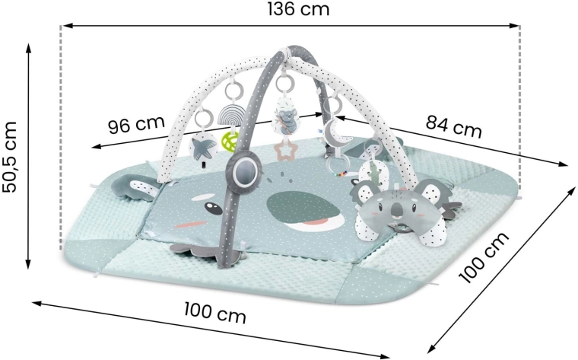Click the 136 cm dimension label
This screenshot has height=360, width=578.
298,9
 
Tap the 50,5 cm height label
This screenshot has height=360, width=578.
10,156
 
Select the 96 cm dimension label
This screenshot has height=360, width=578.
136,124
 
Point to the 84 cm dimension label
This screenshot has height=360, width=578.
453,126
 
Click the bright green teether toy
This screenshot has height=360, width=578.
229,142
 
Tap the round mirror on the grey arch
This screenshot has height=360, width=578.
243,169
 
